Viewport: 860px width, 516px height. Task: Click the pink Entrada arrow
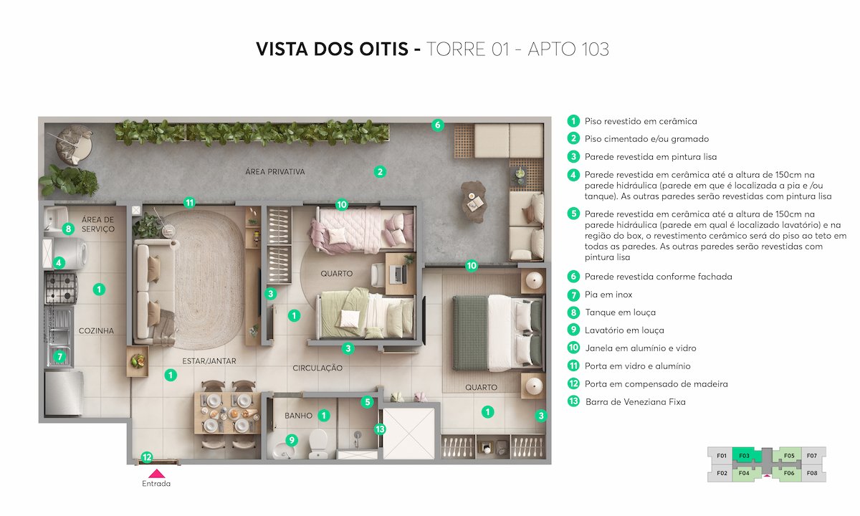[x=156, y=473]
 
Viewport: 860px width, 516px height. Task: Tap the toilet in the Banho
[x=317, y=444]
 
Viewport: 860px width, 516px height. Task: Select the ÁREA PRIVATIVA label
[x=275, y=172]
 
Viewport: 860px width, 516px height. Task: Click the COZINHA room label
[x=96, y=330]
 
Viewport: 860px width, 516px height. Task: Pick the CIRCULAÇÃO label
[x=317, y=368]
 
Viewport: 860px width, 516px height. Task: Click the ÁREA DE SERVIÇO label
[x=98, y=224]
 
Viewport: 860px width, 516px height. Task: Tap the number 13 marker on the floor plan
[x=381, y=429]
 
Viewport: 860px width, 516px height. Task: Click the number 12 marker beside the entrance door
[x=146, y=457]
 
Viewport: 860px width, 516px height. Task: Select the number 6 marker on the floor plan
[x=437, y=125]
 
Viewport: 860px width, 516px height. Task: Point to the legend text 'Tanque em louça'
[x=620, y=312]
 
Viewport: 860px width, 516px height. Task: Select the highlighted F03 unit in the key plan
[x=743, y=455]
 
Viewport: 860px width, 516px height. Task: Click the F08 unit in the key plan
[x=812, y=473]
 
